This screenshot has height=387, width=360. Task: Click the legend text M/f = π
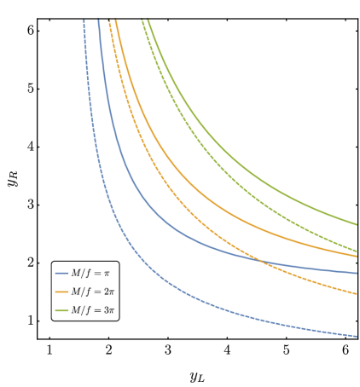pos(90,274)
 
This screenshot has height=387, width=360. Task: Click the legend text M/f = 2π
pos(92,292)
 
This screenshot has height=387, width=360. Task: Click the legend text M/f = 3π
pos(92,310)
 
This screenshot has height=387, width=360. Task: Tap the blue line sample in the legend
pos(61,274)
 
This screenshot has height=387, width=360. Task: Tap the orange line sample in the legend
pos(61,292)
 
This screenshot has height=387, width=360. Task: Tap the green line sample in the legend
pos(61,310)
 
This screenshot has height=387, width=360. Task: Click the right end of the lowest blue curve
pos(357,336)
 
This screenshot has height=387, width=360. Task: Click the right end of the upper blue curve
pos(357,273)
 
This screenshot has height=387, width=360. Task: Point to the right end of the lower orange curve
pos(357,293)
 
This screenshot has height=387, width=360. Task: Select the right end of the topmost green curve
pos(357,224)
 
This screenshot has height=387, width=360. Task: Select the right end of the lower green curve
pos(357,251)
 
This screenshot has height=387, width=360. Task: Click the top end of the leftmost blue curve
pos(84,20)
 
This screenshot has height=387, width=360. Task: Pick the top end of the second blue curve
pos(98,20)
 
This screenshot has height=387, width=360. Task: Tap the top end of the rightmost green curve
pos(148,20)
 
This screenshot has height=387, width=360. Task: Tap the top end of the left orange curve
pos(109,20)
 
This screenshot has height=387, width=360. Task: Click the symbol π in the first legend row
pos(107,274)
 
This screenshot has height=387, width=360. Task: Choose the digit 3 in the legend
pos(107,310)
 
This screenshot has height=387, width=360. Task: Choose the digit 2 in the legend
pos(107,292)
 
